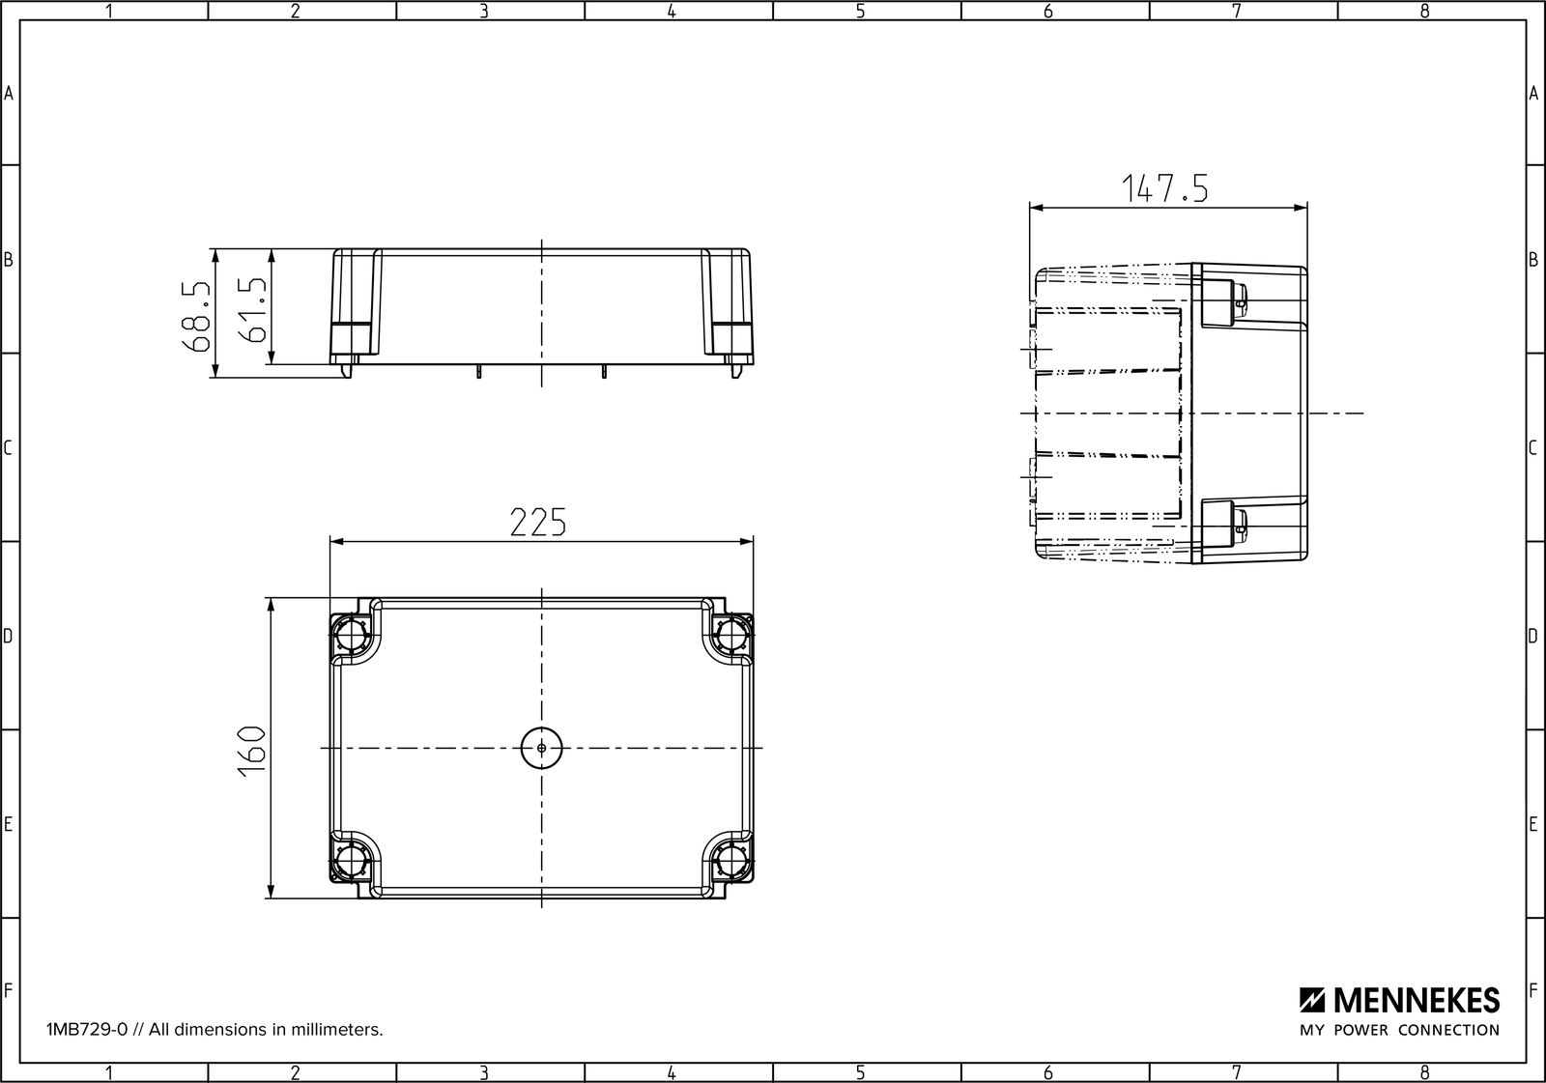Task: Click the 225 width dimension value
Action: click(x=537, y=522)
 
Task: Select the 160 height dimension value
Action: click(x=252, y=752)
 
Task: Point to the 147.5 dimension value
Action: click(x=1165, y=188)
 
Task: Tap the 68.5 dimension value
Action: click(x=197, y=316)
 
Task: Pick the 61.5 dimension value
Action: click(x=252, y=310)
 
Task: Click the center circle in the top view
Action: click(x=541, y=748)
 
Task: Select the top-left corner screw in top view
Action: click(x=351, y=635)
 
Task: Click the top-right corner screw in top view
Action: click(x=732, y=635)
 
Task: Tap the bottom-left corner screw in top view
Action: click(x=351, y=861)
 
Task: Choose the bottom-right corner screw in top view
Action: click(x=732, y=861)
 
